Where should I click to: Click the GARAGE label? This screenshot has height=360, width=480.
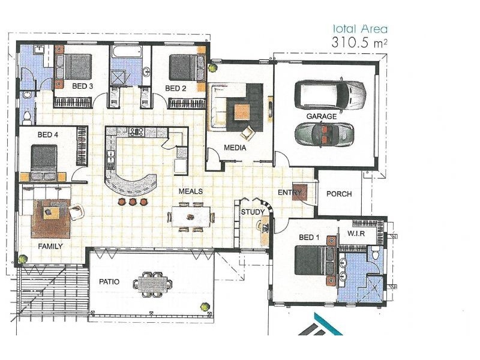click(322, 116)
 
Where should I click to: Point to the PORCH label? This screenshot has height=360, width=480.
click(339, 194)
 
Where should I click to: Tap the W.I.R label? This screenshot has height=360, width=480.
click(356, 233)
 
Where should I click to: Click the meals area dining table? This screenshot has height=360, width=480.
click(190, 217)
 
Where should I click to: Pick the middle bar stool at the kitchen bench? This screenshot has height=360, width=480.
click(133, 202)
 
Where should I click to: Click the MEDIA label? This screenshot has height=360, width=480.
click(235, 148)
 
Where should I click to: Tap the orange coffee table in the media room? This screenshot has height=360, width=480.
click(242, 112)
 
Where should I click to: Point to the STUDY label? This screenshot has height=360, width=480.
click(253, 212)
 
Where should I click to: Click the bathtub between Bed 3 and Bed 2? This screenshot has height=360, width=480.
click(127, 52)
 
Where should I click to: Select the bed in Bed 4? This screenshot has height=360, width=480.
click(44, 158)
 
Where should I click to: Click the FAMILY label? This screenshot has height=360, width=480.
click(50, 247)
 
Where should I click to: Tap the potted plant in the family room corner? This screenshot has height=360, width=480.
click(22, 259)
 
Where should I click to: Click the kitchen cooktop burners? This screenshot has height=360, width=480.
click(137, 132)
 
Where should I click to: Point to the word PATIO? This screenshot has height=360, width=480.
click(109, 281)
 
